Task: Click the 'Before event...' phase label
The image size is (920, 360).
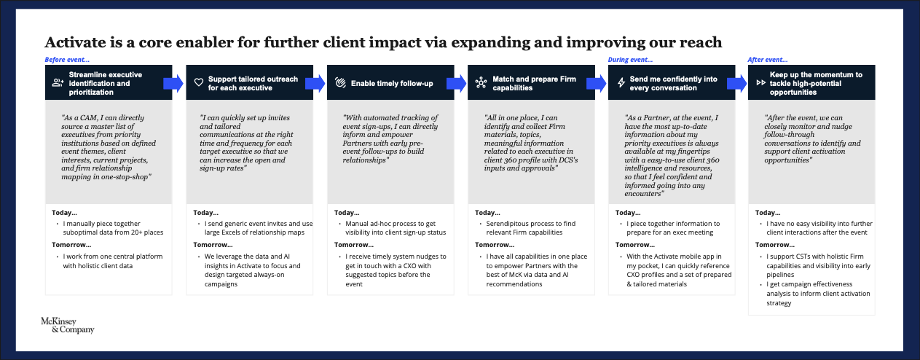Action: pos(67,60)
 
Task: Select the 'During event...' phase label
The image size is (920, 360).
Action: pos(631,60)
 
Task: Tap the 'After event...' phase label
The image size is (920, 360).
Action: pos(768,60)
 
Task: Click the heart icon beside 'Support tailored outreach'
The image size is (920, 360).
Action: pos(198,83)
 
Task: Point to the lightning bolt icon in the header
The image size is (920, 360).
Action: pos(621,83)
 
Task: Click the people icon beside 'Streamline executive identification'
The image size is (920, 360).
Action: pos(58,83)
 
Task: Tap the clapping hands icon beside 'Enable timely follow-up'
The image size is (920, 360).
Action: pos(339,83)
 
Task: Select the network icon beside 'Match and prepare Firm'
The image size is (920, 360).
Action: pos(480,83)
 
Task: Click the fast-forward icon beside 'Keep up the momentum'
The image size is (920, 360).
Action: pos(761,83)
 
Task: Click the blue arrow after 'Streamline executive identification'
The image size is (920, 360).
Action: pos(173,83)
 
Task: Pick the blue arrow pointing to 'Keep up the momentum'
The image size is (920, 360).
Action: pos(736,83)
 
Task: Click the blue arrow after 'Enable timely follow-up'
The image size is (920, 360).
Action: pos(455,83)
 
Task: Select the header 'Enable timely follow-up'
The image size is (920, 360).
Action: pos(392,83)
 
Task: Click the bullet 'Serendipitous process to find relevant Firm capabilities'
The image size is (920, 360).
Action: pos(525,227)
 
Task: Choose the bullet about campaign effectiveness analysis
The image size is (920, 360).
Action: pos(815,298)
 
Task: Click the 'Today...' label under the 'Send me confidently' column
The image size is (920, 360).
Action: pos(628,212)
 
